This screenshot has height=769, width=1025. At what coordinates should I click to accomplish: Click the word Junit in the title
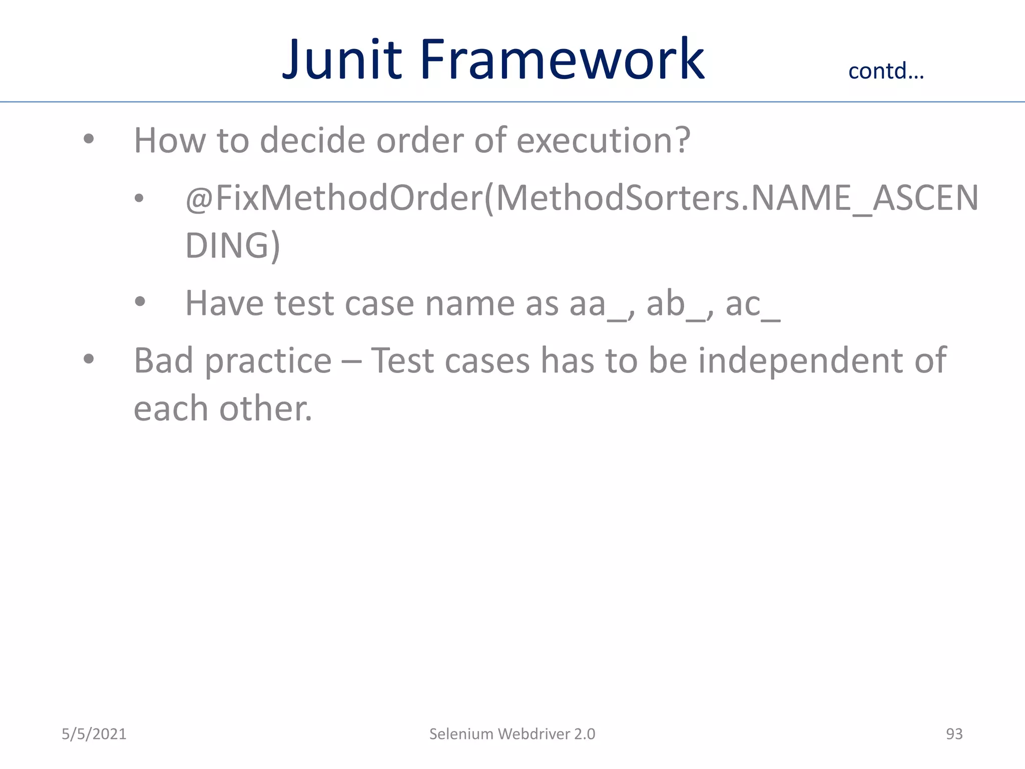pos(342,60)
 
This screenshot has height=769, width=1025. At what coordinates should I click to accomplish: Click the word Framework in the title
pos(562,60)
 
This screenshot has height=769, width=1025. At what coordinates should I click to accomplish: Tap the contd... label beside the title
pos(886,71)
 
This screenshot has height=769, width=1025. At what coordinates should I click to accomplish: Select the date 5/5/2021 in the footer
pos(94,734)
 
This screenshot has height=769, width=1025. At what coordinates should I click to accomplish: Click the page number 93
pos(954,734)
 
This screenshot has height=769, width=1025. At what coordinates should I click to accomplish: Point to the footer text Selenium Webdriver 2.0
pos(512,734)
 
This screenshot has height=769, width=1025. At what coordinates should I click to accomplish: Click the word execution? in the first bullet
pos(603,140)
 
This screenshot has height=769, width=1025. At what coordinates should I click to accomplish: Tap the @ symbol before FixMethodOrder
pos(199,199)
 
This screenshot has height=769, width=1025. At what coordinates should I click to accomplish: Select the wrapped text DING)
pos(232,245)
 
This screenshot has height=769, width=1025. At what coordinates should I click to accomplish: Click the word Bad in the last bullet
pos(163,360)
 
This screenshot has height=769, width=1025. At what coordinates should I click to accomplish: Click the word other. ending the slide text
pos(265,409)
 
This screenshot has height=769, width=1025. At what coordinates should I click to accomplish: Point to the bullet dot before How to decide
pos(89,139)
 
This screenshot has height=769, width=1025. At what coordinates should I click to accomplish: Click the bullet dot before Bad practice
pos(89,358)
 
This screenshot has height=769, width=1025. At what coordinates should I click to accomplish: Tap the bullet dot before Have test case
pos(140,302)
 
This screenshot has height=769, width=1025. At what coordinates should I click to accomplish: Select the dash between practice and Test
pos(351,361)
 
